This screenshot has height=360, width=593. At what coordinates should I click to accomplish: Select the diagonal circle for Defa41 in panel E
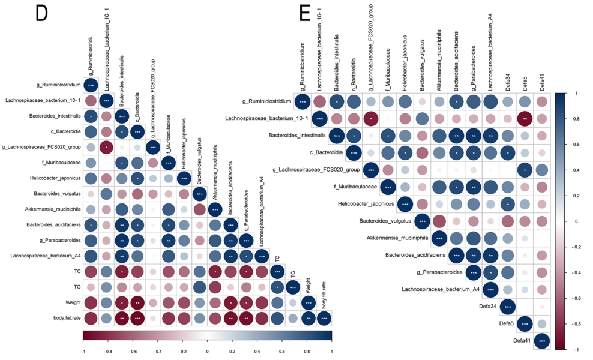[542, 341]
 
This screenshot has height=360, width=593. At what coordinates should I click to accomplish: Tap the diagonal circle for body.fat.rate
[324, 317]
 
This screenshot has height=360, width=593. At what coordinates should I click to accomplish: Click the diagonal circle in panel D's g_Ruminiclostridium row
[90, 85]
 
